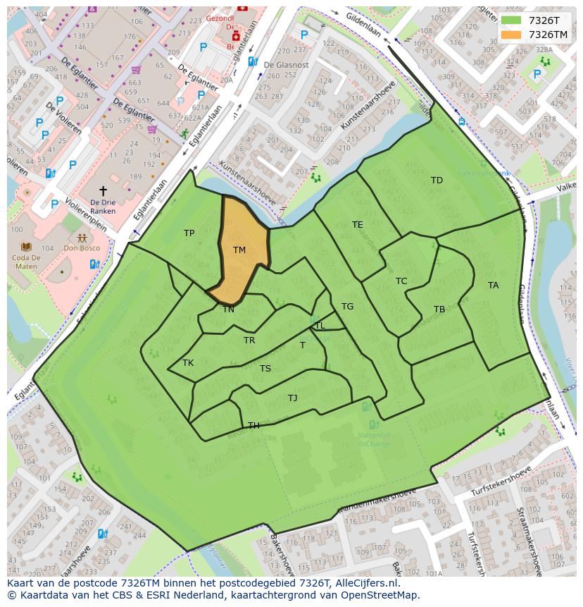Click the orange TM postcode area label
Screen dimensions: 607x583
coord(239,250)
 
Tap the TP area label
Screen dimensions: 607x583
coord(189,233)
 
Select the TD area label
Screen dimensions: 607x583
coord(437,180)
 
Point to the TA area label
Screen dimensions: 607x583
coord(493,286)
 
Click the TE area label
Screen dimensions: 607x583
coord(357,225)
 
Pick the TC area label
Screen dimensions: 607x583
coord(401,281)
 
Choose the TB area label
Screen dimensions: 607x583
coord(439,309)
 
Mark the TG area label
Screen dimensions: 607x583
coord(347,307)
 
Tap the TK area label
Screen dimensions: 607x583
coord(187,363)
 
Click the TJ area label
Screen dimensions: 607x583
coord(292,398)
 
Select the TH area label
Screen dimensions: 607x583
coord(253,426)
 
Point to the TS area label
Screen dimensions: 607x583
coord(265,369)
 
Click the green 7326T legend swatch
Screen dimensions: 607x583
coord(512,20)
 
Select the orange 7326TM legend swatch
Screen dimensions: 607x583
coord(512,35)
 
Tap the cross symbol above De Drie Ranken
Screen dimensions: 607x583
coord(103,191)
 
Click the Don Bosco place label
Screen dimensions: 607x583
coord(80,248)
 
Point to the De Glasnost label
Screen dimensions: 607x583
coord(286,65)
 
